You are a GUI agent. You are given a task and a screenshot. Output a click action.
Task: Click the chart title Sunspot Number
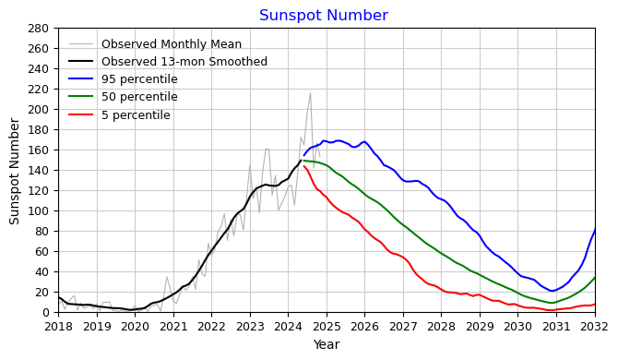(323, 16)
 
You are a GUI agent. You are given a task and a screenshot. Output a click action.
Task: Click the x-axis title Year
(327, 345)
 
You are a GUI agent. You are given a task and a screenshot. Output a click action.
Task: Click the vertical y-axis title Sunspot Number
(15, 170)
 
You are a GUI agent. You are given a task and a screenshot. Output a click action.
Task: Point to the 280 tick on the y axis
(40, 28)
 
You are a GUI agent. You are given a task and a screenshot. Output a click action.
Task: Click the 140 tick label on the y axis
(40, 170)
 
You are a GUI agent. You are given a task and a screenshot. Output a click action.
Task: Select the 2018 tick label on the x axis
(58, 327)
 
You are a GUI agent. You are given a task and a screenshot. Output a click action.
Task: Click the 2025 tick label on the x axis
(327, 327)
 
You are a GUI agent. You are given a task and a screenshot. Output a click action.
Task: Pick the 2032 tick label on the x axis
(594, 327)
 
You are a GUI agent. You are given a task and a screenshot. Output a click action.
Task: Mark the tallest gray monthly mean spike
(310, 93)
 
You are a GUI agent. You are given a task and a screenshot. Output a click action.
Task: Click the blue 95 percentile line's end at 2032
(594, 229)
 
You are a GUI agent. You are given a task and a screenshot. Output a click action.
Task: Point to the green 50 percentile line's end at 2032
(594, 278)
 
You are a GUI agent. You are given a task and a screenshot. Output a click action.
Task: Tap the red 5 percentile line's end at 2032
(594, 305)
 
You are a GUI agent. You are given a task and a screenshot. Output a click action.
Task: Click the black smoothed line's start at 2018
(59, 297)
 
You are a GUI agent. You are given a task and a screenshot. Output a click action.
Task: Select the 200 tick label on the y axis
(40, 109)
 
